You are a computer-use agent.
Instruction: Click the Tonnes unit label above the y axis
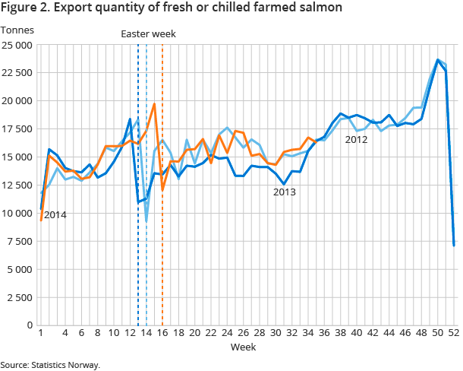coord(16,30)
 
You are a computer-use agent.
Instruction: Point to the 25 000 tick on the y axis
coord(17,45)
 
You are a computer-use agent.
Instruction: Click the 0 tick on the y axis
coord(30,325)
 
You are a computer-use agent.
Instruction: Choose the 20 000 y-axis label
coord(17,101)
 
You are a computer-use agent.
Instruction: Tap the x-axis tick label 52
coord(453,333)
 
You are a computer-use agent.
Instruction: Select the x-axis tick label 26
coord(243,333)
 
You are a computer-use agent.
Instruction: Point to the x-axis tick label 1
coord(40,333)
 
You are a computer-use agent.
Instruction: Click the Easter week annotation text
coord(150,33)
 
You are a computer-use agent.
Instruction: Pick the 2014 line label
coord(55,215)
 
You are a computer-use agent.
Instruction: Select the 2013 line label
coord(285,192)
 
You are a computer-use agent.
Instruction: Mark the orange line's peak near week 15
coord(154,104)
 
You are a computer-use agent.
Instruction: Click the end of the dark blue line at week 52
coord(454,245)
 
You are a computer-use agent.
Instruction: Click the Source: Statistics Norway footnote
coord(50,365)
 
